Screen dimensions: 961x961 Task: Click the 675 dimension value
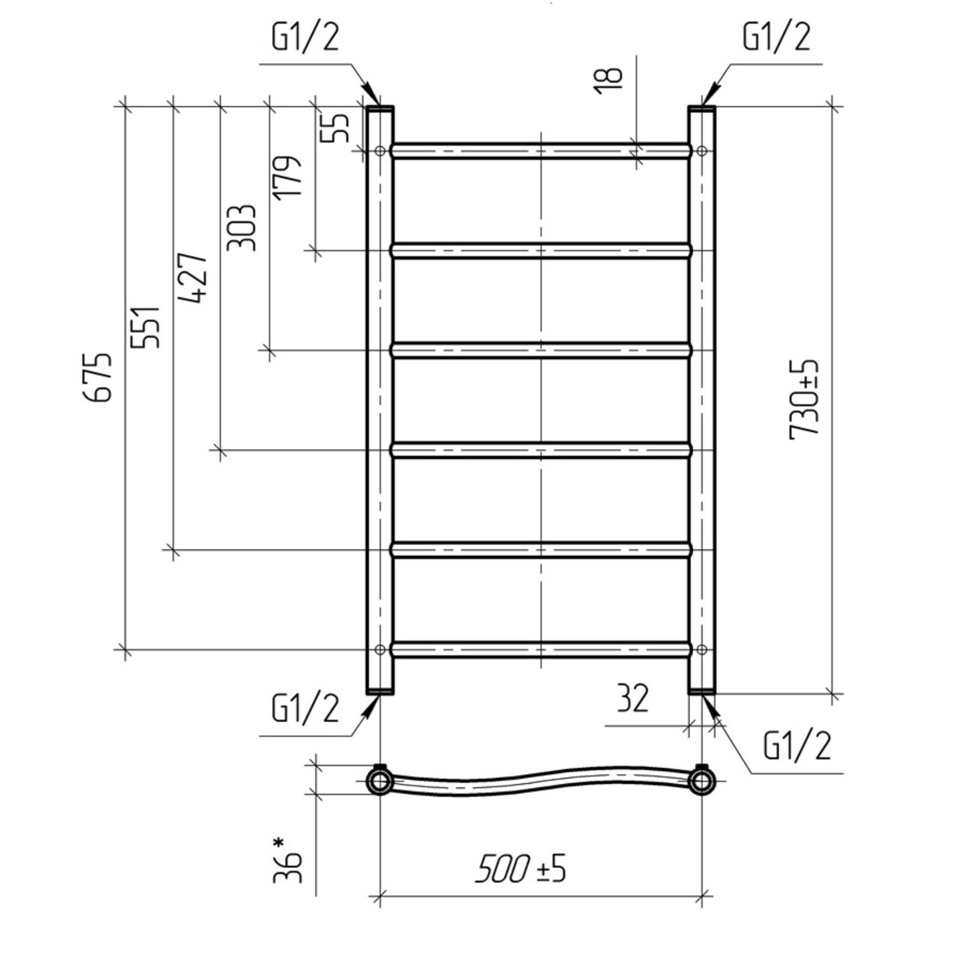point(97,377)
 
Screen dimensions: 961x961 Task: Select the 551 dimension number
point(146,327)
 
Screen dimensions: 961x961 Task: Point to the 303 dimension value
point(241,228)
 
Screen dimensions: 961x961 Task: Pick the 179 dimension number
point(286,177)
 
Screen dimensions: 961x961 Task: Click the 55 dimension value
point(336,127)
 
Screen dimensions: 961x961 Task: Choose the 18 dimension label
point(608,80)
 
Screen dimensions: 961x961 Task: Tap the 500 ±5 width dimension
point(520,869)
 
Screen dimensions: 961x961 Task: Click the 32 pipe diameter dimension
point(632,699)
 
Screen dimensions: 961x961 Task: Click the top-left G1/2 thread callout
point(306,37)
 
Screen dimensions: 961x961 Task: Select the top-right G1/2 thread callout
point(776,37)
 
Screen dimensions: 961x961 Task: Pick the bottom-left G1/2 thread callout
point(306,708)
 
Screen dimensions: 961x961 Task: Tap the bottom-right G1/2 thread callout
point(796,747)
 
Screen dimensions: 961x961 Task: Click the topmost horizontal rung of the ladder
point(541,150)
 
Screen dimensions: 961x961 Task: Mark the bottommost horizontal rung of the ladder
point(541,649)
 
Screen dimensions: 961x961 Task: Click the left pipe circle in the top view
point(380,781)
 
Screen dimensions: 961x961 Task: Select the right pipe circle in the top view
point(701,781)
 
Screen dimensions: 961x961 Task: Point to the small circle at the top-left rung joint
point(380,150)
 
